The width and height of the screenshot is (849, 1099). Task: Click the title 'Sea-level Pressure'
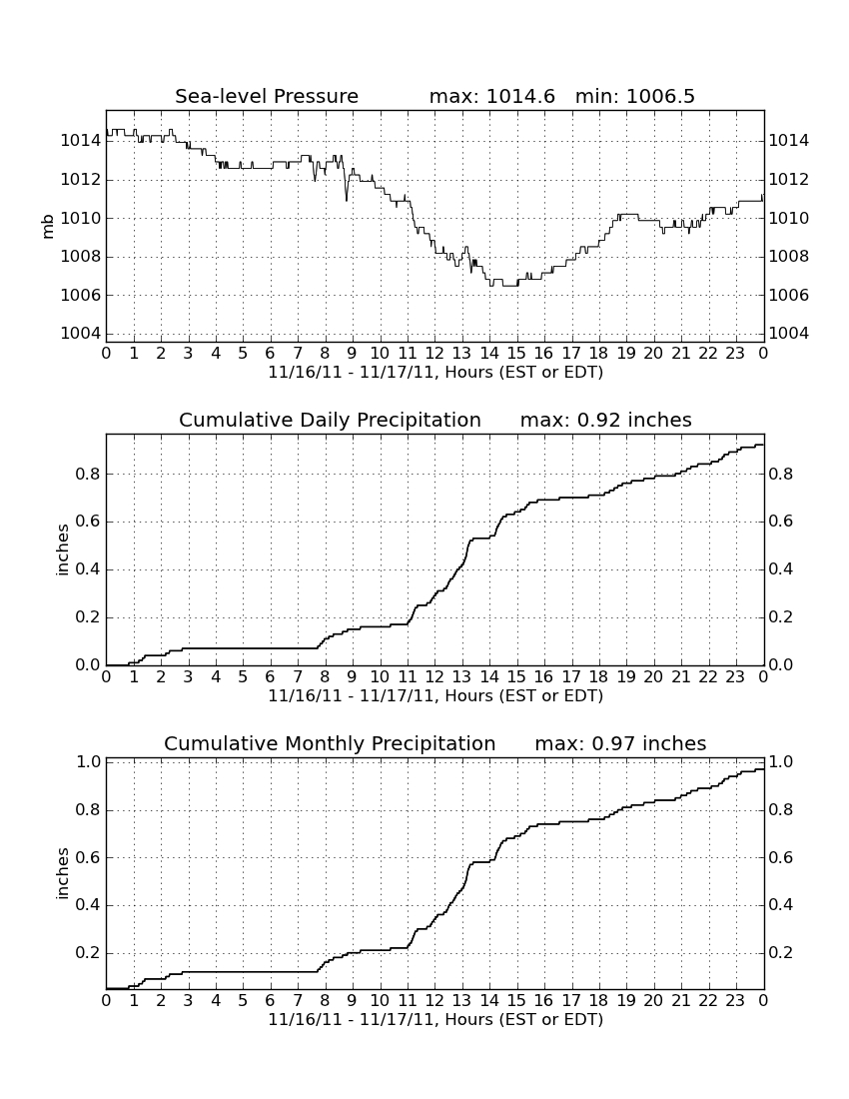(x=267, y=96)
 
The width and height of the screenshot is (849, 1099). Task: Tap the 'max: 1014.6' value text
(x=491, y=96)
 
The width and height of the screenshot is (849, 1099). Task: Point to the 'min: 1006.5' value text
(x=635, y=96)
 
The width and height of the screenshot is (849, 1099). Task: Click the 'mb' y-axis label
(x=48, y=227)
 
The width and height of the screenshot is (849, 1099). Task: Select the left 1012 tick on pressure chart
(x=81, y=180)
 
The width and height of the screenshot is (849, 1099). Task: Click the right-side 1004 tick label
(x=789, y=333)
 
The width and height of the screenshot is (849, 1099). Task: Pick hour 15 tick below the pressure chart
(x=516, y=353)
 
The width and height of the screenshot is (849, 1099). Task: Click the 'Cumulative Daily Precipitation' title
(x=330, y=420)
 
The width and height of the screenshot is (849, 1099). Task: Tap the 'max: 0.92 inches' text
(x=606, y=420)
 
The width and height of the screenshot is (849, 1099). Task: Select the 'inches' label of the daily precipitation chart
(x=63, y=550)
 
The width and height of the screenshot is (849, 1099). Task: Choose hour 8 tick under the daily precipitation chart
(x=325, y=676)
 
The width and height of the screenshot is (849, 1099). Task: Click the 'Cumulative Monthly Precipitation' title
(x=330, y=743)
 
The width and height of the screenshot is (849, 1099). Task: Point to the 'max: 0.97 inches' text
(x=620, y=743)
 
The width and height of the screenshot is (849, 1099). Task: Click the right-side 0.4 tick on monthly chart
(x=781, y=905)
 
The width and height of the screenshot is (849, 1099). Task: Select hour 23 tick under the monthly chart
(x=735, y=1000)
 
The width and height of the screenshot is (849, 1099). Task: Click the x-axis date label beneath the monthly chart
(x=435, y=1019)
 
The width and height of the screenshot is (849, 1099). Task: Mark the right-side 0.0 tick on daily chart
(x=781, y=664)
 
